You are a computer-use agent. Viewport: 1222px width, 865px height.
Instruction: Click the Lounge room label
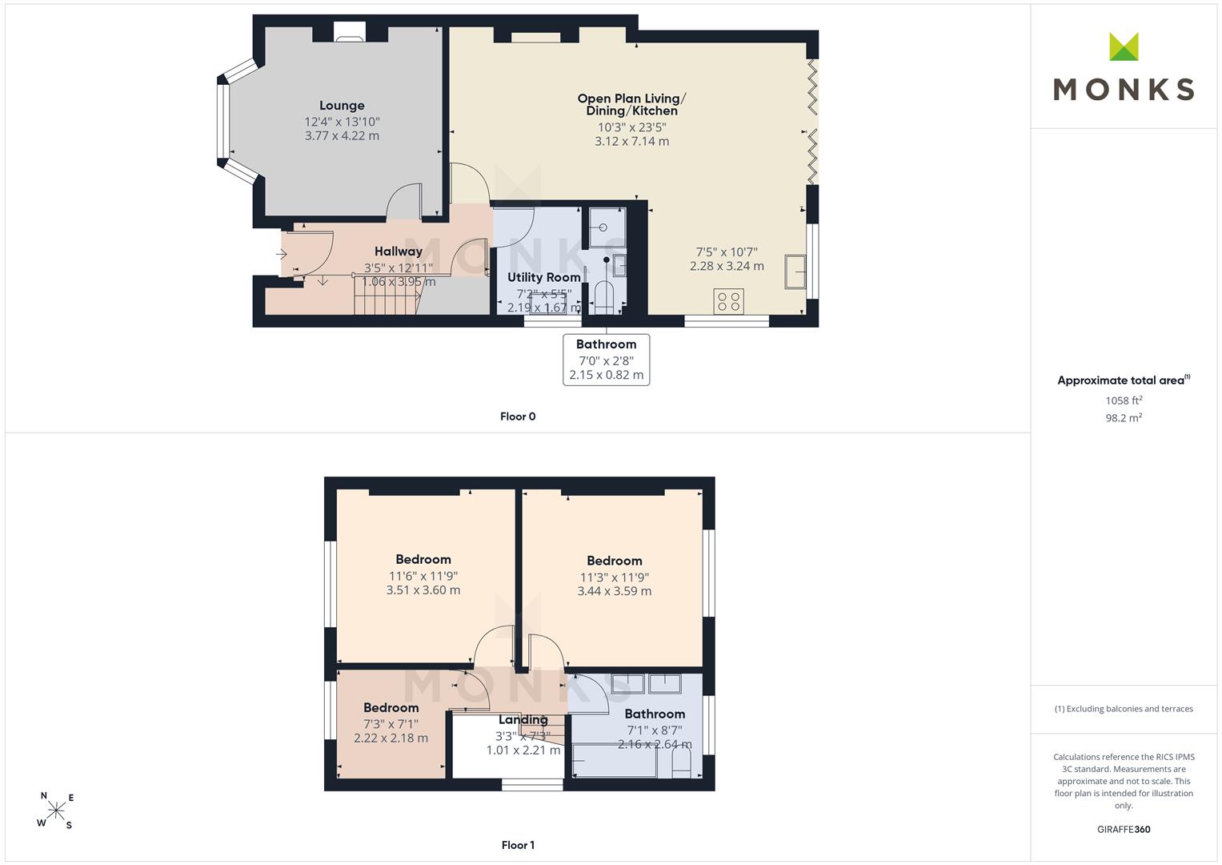(x=342, y=106)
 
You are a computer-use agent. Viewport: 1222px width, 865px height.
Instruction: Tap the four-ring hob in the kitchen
(x=728, y=301)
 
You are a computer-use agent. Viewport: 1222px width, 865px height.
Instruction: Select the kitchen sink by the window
(x=795, y=271)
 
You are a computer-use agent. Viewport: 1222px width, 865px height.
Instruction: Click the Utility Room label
(x=544, y=277)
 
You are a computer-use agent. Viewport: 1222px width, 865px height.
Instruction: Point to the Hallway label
(x=399, y=251)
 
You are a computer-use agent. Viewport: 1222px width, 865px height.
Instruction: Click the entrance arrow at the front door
(x=282, y=254)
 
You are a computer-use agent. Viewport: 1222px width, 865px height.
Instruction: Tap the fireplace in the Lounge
(x=350, y=32)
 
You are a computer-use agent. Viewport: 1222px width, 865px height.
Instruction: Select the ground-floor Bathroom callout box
(x=606, y=360)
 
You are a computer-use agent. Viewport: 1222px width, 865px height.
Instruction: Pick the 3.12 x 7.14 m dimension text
(x=631, y=142)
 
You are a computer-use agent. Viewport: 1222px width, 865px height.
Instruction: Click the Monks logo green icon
(x=1124, y=46)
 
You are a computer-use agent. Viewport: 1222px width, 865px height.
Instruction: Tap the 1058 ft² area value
(x=1124, y=400)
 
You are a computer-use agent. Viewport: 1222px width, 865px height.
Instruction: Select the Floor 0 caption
(x=518, y=416)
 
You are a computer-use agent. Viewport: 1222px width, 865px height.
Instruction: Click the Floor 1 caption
(x=518, y=845)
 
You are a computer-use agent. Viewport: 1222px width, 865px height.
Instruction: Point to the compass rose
(x=56, y=810)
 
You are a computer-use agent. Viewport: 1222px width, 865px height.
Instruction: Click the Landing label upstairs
(x=523, y=720)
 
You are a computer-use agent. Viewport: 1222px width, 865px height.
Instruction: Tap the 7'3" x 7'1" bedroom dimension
(x=391, y=724)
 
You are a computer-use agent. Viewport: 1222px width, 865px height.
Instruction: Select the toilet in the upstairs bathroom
(x=681, y=762)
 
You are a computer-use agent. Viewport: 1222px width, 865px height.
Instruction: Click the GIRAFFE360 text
(x=1124, y=830)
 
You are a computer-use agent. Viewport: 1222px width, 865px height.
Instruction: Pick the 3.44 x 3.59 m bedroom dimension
(x=615, y=591)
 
